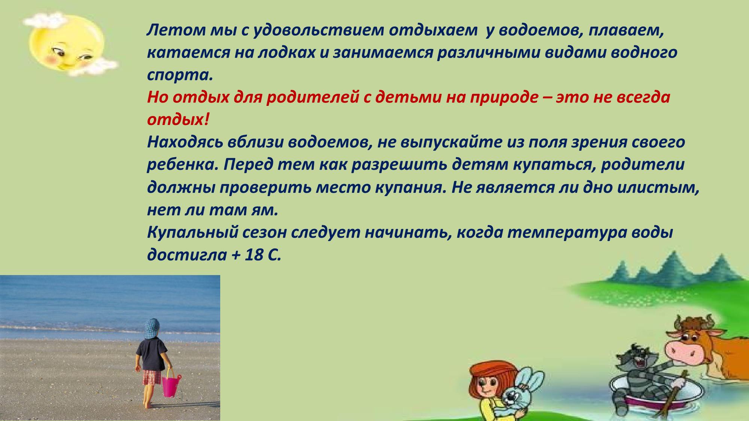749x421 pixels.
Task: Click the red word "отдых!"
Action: click(x=178, y=120)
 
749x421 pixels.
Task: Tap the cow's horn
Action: click(x=677, y=322)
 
